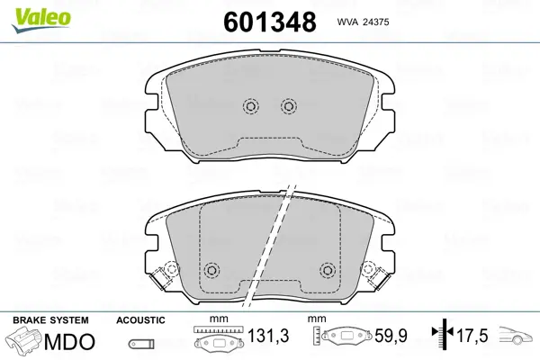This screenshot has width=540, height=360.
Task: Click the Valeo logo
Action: click(x=41, y=19)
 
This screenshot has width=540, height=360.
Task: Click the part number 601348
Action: click(x=270, y=22)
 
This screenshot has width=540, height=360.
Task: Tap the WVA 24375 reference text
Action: click(x=363, y=22)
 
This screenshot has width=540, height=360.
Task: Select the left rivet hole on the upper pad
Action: click(x=251, y=106)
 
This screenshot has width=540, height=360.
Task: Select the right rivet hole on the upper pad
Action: click(x=289, y=106)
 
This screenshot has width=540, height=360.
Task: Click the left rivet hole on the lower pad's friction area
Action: click(x=211, y=270)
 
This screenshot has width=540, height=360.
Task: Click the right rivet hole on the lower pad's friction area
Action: click(x=328, y=270)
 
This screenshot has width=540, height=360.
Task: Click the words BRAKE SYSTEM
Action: click(x=50, y=320)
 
